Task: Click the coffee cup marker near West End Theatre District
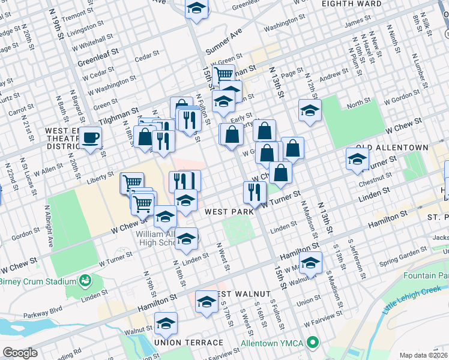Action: tap(91, 137)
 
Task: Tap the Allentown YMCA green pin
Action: tap(312, 343)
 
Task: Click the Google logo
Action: tap(20, 353)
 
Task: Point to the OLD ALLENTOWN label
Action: tap(392, 147)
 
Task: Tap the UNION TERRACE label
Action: tap(188, 343)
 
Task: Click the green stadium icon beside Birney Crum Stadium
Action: tap(85, 280)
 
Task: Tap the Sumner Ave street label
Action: tap(223, 40)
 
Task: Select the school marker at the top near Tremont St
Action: tap(196, 9)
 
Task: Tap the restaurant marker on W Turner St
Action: tap(255, 192)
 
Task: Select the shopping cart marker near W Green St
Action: tap(223, 74)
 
